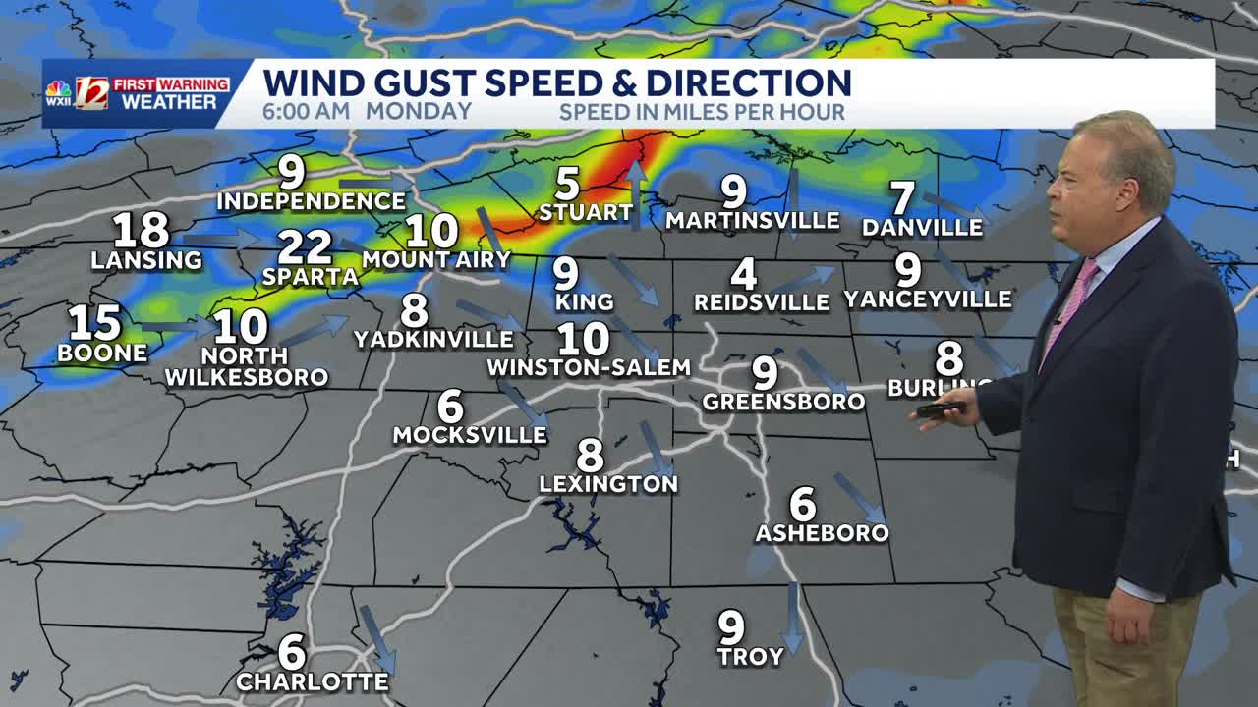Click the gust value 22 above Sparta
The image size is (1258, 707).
tap(304, 246)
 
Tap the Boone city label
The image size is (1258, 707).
tap(102, 353)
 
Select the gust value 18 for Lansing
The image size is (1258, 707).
tap(141, 231)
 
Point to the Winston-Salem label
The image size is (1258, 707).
tap(589, 368)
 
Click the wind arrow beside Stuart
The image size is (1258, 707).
tap(636, 193)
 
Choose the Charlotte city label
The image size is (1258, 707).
tap(313, 682)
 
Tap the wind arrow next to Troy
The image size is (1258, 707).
tap(792, 617)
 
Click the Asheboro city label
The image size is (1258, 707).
tap(822, 533)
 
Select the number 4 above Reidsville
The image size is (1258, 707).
tap(744, 273)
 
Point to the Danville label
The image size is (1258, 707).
tap(922, 228)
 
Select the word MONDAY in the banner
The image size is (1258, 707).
tap(419, 111)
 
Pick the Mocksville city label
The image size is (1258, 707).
tap(470, 435)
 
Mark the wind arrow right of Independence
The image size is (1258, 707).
tap(375, 183)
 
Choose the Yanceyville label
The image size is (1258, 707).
tap(927, 299)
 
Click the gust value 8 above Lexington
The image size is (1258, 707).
tap(590, 455)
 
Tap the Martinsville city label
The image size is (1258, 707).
tap(752, 221)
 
